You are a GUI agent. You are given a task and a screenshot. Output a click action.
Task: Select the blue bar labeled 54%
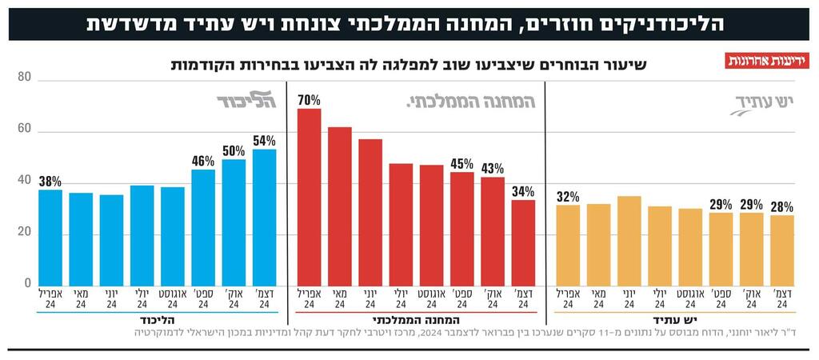265,217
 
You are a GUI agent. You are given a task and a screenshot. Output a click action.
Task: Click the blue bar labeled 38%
50,237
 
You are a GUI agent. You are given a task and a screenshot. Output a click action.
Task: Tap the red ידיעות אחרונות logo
767,61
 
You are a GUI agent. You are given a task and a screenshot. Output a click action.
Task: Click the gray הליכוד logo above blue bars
246,100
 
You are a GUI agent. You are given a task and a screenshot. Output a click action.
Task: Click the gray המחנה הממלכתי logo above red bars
471,102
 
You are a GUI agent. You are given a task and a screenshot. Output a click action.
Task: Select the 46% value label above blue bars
203,161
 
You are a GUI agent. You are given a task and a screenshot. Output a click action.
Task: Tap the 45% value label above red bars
461,164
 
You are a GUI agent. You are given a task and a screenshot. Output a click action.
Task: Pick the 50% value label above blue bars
234,151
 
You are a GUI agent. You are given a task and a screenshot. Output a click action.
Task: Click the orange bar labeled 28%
782,250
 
